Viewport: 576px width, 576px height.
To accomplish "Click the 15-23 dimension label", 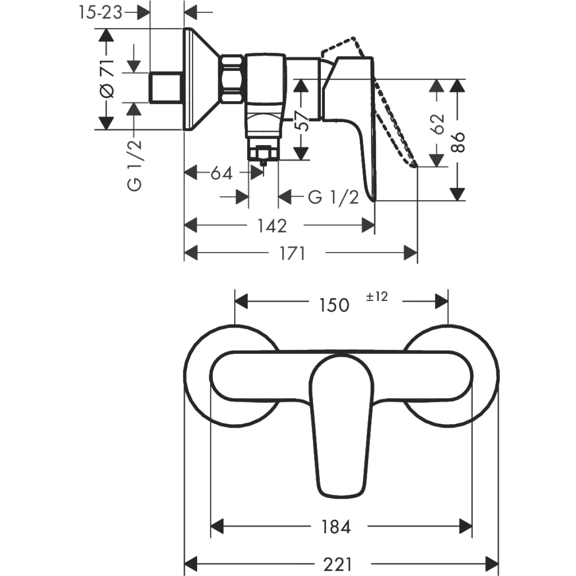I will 100,12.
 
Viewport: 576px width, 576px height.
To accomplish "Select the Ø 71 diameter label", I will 108,79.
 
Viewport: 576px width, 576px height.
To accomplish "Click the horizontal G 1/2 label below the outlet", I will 333,198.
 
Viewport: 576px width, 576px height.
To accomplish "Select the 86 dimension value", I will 458,142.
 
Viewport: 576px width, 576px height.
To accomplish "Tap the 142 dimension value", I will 272,226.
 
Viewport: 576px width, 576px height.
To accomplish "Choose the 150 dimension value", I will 334,305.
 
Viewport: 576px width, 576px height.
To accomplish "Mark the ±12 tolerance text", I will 377,296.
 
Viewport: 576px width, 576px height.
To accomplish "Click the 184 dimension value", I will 336,527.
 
